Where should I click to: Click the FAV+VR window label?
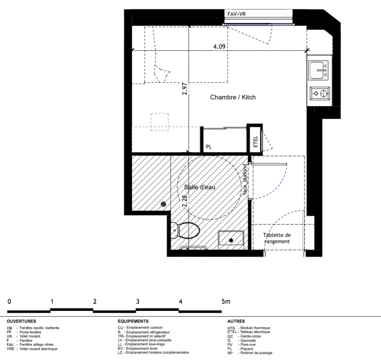point(236,14)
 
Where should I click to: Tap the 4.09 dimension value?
point(219,46)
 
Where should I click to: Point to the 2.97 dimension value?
point(185,89)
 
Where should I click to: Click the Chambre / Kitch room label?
point(233,97)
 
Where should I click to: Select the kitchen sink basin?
point(318,70)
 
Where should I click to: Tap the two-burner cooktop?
point(320,93)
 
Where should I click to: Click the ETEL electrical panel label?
point(255,141)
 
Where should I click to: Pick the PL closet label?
point(209,147)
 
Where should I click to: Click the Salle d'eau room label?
point(200,187)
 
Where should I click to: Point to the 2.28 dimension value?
point(185,201)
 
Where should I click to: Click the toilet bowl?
point(186,230)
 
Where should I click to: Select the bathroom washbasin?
point(231,238)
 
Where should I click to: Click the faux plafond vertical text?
point(245,179)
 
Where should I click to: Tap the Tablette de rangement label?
point(277,238)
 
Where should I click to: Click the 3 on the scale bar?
point(137,301)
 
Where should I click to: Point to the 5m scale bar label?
point(226,301)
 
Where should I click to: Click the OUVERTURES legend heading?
point(21,321)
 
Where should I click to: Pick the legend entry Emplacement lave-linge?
point(145,344)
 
